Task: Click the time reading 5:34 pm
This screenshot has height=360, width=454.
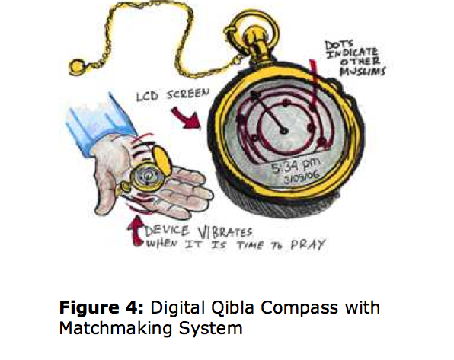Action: point(296,164)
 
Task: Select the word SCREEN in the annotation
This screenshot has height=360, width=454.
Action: point(188,94)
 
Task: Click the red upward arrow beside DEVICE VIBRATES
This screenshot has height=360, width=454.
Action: point(136,231)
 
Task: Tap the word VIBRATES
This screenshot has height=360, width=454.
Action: point(225,232)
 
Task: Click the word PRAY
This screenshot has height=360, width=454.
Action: point(308,245)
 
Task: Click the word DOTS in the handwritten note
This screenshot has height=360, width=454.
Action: point(339,45)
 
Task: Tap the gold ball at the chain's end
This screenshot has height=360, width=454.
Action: point(77,67)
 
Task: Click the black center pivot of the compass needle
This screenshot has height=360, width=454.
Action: point(284,131)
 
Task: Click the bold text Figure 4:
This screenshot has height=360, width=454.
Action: point(101,307)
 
